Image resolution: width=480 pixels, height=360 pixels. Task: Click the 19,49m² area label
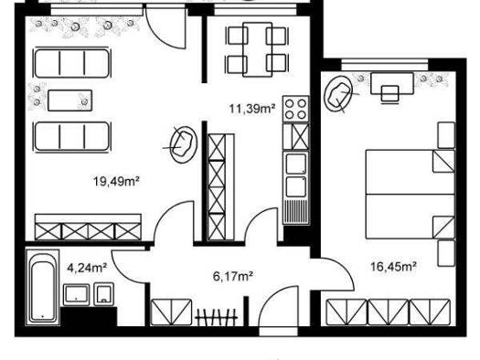pos(117,182)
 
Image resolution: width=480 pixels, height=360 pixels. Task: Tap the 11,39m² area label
pos(252,109)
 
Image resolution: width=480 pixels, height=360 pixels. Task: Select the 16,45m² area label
pos(393,267)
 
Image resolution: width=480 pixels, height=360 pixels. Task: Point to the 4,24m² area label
pos(87,268)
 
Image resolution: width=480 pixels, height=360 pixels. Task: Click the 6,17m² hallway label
pos(232,277)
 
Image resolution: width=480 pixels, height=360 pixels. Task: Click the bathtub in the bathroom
pos(43,288)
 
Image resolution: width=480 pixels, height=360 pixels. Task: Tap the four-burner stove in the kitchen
pos(295,110)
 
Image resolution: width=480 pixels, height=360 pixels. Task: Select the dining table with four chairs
pos(257,49)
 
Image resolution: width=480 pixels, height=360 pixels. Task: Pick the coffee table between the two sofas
pos(69,101)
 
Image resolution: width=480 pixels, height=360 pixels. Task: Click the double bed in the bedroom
pos(411,195)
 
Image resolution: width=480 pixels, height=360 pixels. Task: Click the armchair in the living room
pos(184,144)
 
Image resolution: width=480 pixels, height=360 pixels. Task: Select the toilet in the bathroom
pos(104,294)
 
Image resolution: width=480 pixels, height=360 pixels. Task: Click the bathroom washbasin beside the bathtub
pos(76,295)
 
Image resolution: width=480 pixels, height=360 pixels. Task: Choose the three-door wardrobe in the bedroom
pos(389,312)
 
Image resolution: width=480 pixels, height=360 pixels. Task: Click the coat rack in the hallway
pos(217,317)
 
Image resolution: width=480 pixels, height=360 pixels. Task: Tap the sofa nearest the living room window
pos(72,63)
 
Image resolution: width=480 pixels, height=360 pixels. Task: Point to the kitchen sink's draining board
pos(295,211)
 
